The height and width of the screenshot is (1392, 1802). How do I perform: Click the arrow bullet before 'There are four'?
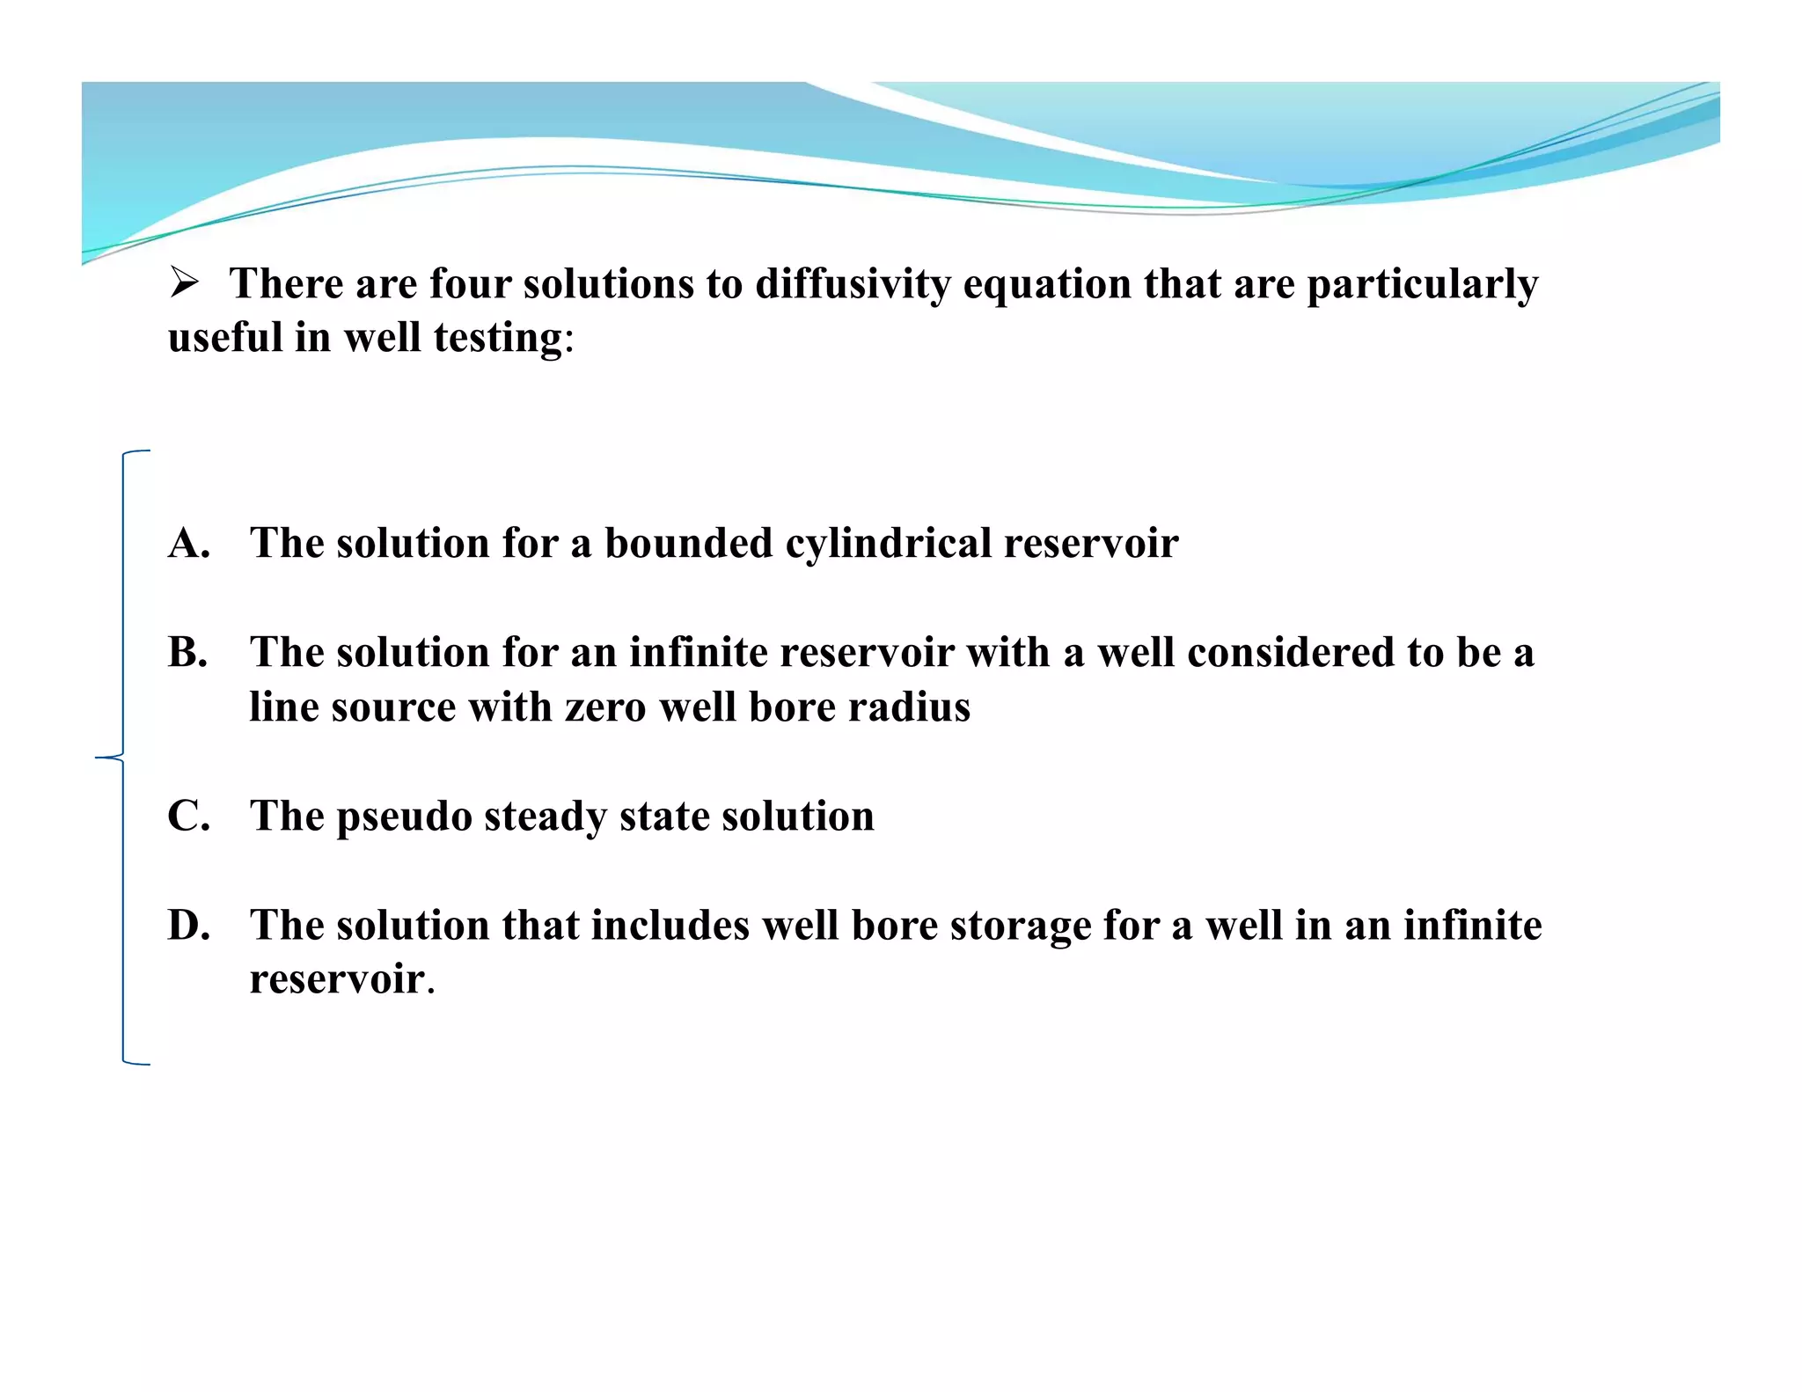tap(184, 283)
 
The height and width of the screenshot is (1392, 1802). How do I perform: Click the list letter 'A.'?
tap(189, 543)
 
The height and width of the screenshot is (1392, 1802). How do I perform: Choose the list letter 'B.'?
tap(188, 653)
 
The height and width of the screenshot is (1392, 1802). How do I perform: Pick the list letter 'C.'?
tap(189, 817)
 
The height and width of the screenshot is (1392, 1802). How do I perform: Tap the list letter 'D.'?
tap(189, 926)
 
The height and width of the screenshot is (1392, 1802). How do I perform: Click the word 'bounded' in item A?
tap(688, 543)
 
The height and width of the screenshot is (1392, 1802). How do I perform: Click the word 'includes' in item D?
tap(670, 926)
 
